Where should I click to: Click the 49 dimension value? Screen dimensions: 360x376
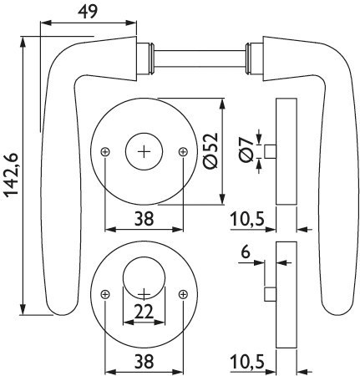coord(88,12)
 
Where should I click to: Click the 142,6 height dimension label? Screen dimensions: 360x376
coord(11,175)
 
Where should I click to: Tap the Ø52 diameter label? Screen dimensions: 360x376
coord(210,151)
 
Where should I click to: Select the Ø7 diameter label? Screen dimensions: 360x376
coord(246,151)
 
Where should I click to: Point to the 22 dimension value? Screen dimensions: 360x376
coord(144,312)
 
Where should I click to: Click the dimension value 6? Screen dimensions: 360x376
coord(246,252)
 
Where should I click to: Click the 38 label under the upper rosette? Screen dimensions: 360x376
coord(144,218)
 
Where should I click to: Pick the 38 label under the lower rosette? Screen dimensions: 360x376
coord(144,361)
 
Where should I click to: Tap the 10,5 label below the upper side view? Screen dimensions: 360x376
coord(247,219)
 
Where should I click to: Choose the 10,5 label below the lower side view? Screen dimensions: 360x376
coord(247,362)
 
